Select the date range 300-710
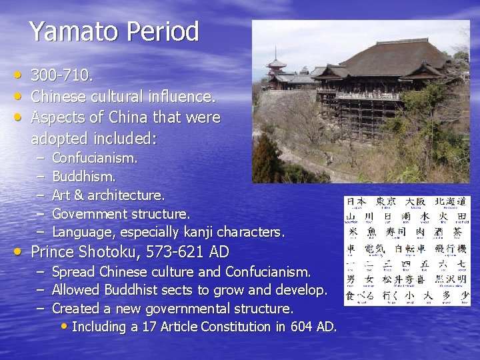[x=62, y=75]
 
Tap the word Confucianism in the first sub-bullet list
[x=94, y=159]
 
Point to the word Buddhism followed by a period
[x=83, y=177]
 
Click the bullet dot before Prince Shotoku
[x=17, y=252]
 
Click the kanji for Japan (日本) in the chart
[x=357, y=201]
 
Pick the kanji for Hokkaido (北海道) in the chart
[x=452, y=201]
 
